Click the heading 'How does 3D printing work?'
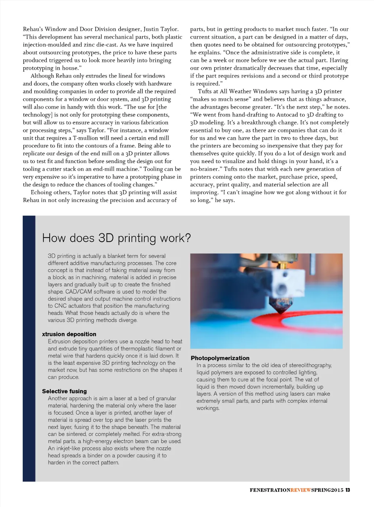[117, 238]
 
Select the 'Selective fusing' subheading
[64, 391]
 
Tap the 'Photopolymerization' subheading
[220, 358]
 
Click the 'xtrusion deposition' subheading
[69, 334]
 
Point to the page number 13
[348, 490]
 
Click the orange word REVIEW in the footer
[301, 490]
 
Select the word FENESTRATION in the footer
[270, 490]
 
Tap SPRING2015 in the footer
[327, 490]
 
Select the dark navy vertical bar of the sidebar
[29, 348]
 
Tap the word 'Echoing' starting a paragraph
[41, 193]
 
